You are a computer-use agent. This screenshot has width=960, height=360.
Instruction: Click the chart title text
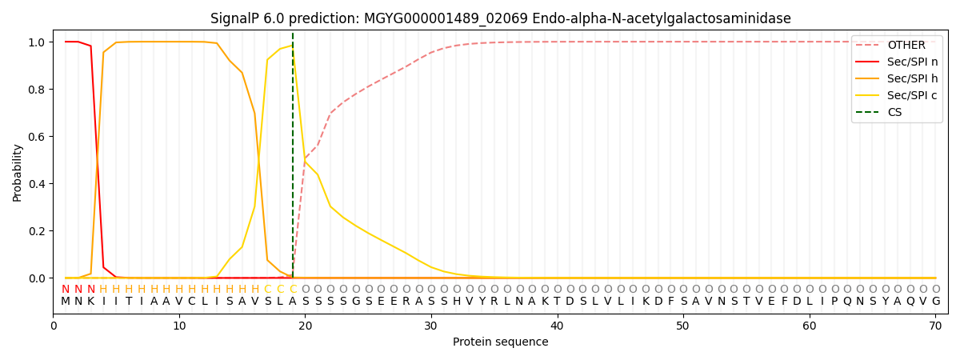[x=500, y=18]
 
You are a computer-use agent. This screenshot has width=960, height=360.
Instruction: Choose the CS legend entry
[x=894, y=112]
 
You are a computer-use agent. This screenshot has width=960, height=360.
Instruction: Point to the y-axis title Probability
[x=18, y=172]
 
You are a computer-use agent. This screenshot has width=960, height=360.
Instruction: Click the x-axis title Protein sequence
[x=500, y=342]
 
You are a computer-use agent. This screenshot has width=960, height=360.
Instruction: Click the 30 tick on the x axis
[x=431, y=326]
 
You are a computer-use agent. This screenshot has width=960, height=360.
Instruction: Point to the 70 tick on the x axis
[x=935, y=326]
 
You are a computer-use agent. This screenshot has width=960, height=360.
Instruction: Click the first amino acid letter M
[x=66, y=302]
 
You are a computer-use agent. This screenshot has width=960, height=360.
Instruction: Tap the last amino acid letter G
[x=935, y=302]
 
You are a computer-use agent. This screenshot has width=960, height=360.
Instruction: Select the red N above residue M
[x=66, y=290]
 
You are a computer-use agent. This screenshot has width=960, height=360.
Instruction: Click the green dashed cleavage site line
[x=293, y=160]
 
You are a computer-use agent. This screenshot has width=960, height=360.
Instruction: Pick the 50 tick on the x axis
[x=683, y=326]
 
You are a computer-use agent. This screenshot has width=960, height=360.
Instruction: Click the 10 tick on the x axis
[x=179, y=326]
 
